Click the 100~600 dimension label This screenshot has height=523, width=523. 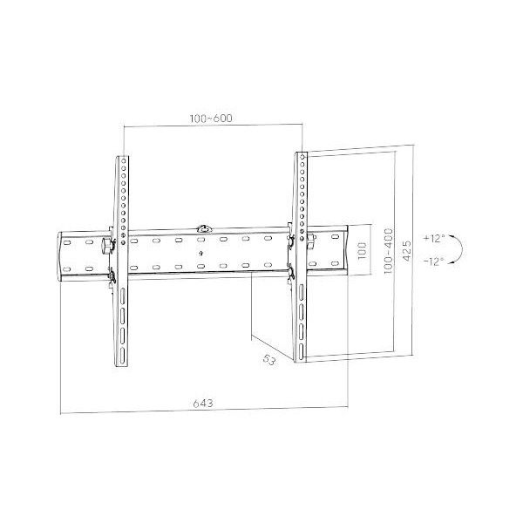[211, 119]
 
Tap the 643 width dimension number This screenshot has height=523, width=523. [203, 404]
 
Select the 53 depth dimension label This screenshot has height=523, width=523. [269, 360]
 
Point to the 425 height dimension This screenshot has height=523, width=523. [406, 250]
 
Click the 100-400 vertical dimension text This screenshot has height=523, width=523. [389, 251]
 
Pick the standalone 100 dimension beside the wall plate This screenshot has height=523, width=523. [362, 251]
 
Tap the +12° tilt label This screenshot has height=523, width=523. [434, 239]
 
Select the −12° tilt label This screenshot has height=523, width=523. [434, 261]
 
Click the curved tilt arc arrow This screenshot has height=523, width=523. [462, 249]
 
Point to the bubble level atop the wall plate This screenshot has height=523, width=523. [204, 229]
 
